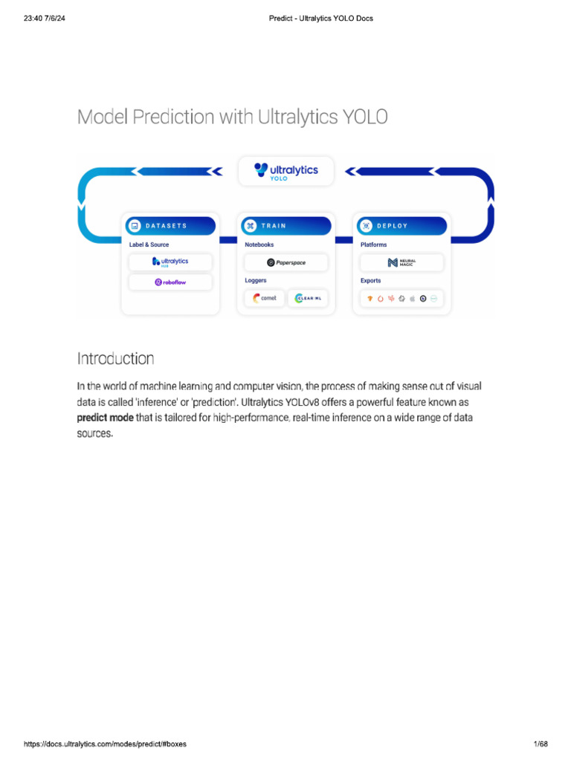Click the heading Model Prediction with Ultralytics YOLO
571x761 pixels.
coord(232,117)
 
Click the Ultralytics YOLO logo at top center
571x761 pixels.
coord(285,172)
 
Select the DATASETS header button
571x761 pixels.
coord(170,226)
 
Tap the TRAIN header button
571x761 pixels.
coord(286,226)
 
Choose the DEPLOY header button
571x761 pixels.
coord(401,226)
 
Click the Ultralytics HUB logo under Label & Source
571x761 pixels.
coord(170,262)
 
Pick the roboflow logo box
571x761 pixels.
coord(170,282)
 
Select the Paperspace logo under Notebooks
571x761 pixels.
coord(286,262)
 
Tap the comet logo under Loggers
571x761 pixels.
coord(265,298)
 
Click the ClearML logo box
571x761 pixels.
coord(308,298)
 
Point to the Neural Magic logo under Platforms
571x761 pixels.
coord(401,262)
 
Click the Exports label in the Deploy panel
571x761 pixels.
coord(370,281)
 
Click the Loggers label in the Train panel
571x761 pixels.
coord(257,281)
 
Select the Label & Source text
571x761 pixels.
coord(149,245)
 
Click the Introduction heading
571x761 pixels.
coord(115,359)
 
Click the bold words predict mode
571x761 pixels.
coord(105,418)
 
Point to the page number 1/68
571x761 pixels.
coord(541,744)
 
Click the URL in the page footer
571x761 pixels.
coord(105,744)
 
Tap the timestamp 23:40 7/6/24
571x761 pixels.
coord(48,18)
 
